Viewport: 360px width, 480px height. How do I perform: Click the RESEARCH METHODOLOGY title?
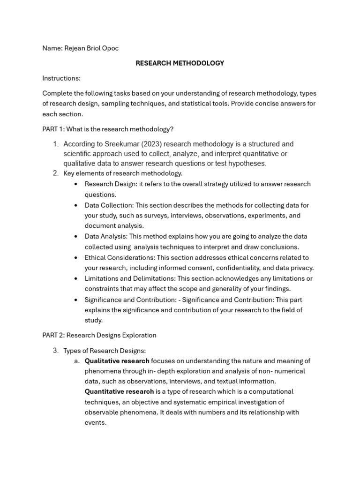tap(180, 63)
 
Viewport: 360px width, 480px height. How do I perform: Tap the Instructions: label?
tap(61, 78)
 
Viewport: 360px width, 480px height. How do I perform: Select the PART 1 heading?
tap(108, 129)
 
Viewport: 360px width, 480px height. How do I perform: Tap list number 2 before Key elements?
tap(55, 173)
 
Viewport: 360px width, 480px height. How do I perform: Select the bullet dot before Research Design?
tap(76, 184)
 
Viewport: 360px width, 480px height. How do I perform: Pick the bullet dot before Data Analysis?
tap(76, 237)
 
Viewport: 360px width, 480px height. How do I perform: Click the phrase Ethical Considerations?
tap(120, 257)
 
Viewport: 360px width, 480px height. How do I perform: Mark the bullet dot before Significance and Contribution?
tap(76, 300)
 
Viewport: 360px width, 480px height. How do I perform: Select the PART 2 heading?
tap(99, 335)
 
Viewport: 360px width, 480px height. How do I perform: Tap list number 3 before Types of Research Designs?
tap(55, 351)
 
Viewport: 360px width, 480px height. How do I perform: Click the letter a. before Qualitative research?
tap(77, 361)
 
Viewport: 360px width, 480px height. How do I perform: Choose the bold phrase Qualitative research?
tap(117, 361)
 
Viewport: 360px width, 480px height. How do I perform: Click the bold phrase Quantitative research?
tap(119, 391)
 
